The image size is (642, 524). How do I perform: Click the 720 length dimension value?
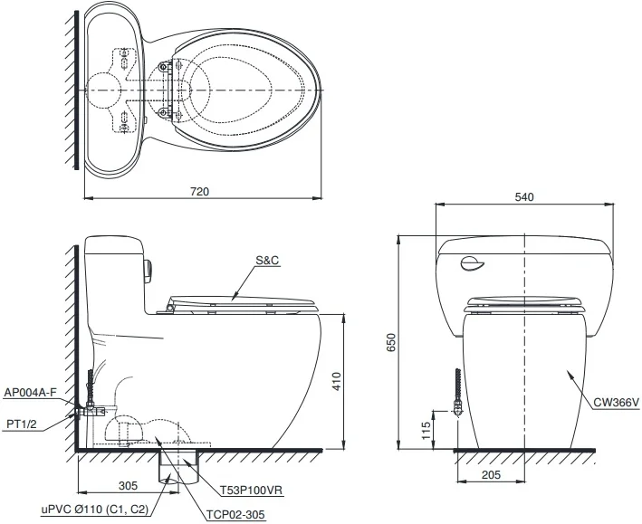point(200,192)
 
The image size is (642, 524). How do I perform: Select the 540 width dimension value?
point(524,197)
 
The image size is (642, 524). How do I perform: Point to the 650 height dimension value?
point(390,342)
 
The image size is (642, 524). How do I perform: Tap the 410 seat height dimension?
point(336,381)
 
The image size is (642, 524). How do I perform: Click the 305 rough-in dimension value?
point(129,486)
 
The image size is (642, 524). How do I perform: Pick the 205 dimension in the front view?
point(491,474)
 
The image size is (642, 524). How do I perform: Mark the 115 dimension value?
point(426,431)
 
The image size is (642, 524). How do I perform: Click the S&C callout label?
point(267,260)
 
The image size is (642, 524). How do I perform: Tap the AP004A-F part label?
point(30,393)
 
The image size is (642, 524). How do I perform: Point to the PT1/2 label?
point(22,424)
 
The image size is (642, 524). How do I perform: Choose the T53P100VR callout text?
point(252,490)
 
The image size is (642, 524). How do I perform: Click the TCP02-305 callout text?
point(235,514)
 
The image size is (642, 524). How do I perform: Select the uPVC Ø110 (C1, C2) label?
point(94,510)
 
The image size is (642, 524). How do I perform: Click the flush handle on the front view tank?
point(473,264)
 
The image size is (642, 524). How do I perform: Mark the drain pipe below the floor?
point(179,468)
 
